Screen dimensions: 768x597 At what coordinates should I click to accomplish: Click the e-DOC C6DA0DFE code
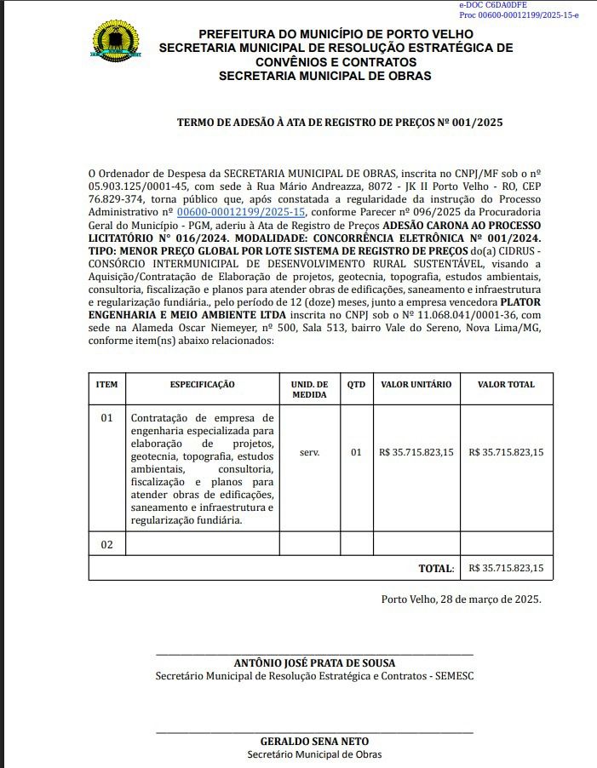(493, 5)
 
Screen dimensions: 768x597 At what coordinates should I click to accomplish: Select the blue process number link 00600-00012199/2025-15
(240, 211)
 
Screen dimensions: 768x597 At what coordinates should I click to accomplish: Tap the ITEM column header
(106, 385)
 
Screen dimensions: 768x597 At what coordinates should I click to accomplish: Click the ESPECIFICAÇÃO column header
(202, 385)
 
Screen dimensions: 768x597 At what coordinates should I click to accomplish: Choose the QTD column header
(356, 385)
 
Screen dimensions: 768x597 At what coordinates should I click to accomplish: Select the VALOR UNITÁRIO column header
(416, 385)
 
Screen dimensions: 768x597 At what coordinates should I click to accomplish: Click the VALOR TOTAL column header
(506, 385)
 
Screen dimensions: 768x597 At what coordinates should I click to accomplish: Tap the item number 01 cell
(106, 418)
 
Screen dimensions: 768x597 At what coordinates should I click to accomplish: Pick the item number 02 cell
(106, 544)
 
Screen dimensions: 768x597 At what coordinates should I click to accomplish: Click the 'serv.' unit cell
(309, 452)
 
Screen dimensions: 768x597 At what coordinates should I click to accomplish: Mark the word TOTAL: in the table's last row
(435, 568)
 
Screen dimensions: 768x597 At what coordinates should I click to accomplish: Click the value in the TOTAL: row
(506, 568)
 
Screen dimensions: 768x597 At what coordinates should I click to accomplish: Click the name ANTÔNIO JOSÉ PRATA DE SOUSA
(314, 663)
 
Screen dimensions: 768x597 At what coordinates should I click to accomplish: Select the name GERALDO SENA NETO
(314, 742)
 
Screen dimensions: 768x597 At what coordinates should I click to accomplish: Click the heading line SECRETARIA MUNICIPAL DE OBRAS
(324, 76)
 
